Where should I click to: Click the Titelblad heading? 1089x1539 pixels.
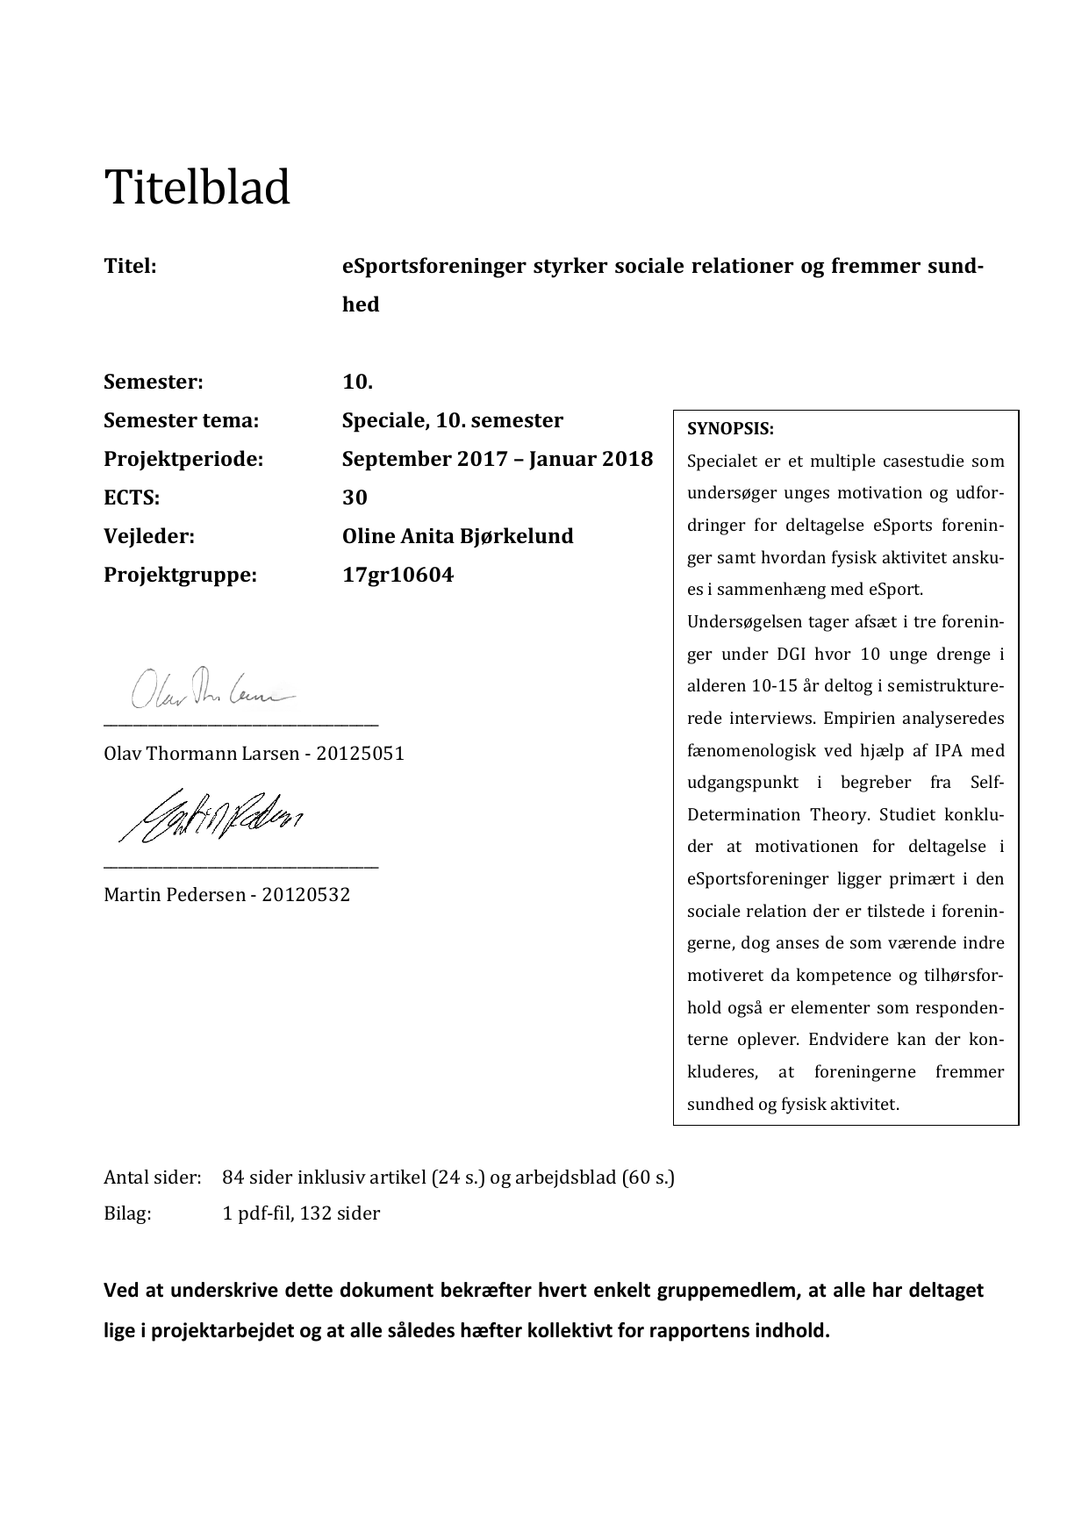pyautogui.click(x=197, y=188)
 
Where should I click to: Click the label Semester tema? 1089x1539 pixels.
pyautogui.click(x=181, y=420)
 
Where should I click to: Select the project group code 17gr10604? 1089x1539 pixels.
pyautogui.click(x=398, y=576)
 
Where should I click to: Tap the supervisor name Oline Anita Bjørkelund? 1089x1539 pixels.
pyautogui.click(x=457, y=536)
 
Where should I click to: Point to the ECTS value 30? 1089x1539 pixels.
pyautogui.click(x=355, y=497)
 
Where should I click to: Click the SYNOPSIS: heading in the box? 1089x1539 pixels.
pyautogui.click(x=730, y=429)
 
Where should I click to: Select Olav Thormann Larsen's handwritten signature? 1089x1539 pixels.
pyautogui.click(x=211, y=690)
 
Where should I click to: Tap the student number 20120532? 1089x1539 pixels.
pyautogui.click(x=305, y=895)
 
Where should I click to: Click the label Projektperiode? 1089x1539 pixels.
pyautogui.click(x=183, y=459)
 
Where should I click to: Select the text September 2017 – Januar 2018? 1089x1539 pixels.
pyautogui.click(x=497, y=459)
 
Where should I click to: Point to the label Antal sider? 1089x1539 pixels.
pyautogui.click(x=153, y=1178)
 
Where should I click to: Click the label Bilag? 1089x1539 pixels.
pyautogui.click(x=127, y=1213)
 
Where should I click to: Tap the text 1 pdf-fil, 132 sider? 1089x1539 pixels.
pyautogui.click(x=301, y=1213)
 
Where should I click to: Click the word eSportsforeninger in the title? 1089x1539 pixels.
pyautogui.click(x=433, y=266)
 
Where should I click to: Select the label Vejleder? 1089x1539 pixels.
pyautogui.click(x=149, y=536)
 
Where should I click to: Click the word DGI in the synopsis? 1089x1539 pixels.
pyautogui.click(x=796, y=655)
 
